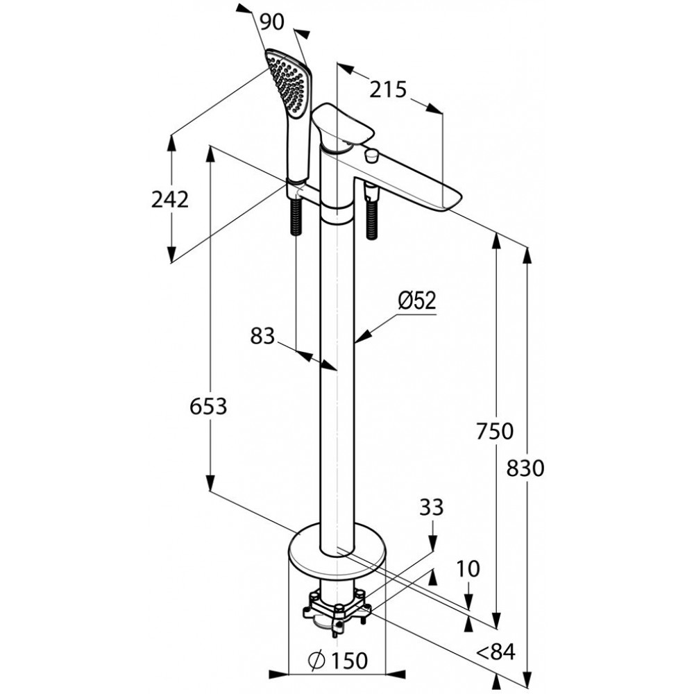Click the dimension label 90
272,22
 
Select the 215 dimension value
388,90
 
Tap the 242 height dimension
170,199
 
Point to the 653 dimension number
208,406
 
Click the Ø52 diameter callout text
417,301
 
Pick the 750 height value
495,431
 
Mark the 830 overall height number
525,468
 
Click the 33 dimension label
431,507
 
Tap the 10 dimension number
468,569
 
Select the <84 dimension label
496,652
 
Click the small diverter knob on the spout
371,155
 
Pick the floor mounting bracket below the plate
337,609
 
